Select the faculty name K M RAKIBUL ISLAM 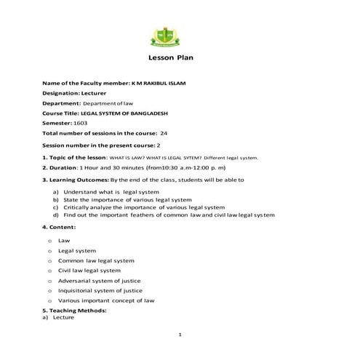click(x=157, y=83)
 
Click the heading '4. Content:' click(x=60, y=228)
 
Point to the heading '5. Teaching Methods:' click(x=74, y=311)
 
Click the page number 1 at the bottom click(x=180, y=334)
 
